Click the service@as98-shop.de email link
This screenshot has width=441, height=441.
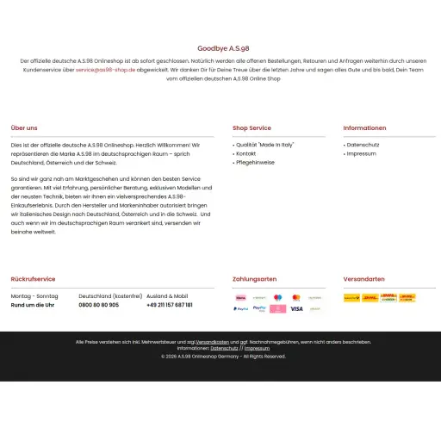(105, 70)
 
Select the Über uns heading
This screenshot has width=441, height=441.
(24, 128)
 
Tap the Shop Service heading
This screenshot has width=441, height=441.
(252, 128)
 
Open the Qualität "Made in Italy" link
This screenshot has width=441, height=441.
(265, 145)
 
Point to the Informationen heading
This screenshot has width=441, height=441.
(364, 128)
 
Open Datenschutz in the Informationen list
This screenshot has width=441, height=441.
(362, 145)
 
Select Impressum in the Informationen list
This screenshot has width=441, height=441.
(361, 153)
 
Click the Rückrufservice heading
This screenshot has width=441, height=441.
(33, 279)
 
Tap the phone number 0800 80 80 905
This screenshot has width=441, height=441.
(99, 305)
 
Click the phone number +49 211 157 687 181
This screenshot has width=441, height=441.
(170, 305)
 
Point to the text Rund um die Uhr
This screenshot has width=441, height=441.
(33, 305)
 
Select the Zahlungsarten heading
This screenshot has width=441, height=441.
(254, 279)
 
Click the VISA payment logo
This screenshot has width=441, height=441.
(296, 308)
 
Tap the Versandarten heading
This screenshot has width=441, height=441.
(363, 279)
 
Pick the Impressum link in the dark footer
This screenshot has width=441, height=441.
(257, 348)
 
